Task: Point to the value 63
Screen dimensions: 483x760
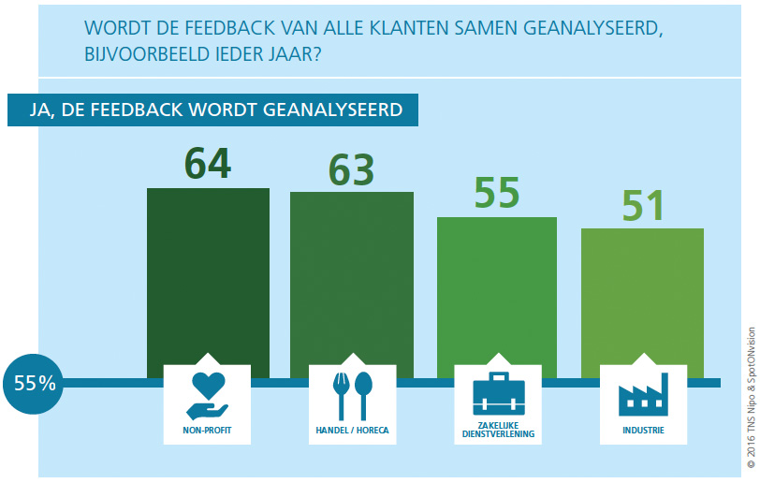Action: point(351,168)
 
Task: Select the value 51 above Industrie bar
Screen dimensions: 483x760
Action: point(641,206)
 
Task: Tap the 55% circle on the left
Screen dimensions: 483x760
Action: point(35,383)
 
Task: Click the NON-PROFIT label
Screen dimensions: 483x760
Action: point(207,432)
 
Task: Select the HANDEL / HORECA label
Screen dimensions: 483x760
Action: point(352,432)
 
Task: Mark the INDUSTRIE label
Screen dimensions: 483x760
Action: point(642,432)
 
